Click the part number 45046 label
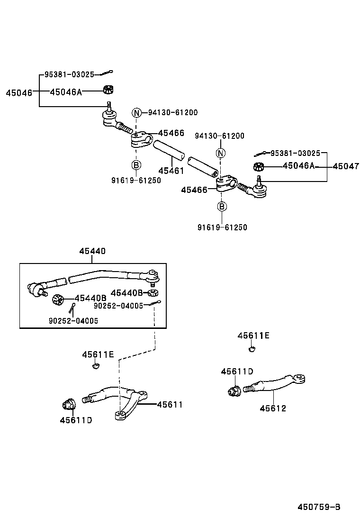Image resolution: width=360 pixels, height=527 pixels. (x=19, y=93)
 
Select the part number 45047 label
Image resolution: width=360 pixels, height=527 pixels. (x=346, y=166)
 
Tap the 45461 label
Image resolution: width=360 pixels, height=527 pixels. (x=171, y=171)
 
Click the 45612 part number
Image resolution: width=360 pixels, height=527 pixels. (x=273, y=408)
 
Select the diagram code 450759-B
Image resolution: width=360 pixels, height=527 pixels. (x=319, y=507)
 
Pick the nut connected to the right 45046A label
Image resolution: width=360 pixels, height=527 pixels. (x=259, y=166)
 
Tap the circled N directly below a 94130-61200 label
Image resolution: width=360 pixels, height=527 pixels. (x=221, y=153)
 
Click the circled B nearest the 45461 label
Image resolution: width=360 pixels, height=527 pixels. (x=136, y=165)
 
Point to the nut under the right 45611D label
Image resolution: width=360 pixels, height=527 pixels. (x=233, y=391)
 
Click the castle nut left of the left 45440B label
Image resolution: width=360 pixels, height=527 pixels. (x=58, y=300)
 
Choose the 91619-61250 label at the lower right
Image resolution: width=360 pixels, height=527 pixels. (x=222, y=227)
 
